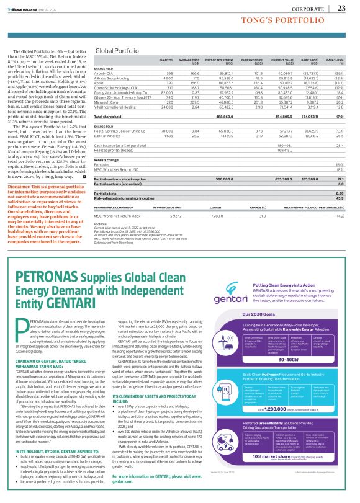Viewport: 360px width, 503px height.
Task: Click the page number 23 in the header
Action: click(342, 7)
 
